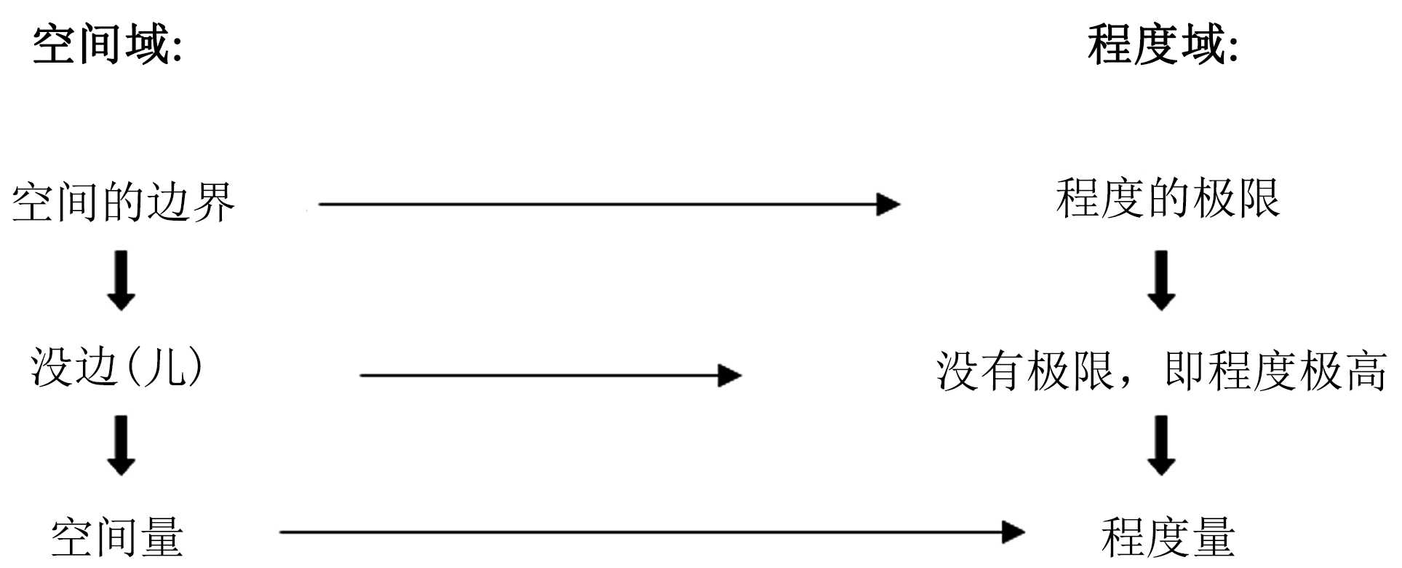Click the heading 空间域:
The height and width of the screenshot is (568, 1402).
107,45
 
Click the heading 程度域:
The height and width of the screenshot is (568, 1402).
1162,45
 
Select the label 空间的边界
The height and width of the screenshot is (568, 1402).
123,202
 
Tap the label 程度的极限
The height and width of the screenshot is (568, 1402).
1167,198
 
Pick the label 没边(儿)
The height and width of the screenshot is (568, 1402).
116,366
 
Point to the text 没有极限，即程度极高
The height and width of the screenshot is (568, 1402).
1160,371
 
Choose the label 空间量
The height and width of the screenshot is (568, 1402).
116,537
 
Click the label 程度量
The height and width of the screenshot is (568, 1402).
1167,537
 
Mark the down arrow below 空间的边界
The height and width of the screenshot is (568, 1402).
122,280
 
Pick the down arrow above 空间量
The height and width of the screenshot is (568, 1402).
122,445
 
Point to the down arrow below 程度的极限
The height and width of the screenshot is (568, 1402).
1161,280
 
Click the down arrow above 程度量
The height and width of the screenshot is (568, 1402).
1161,445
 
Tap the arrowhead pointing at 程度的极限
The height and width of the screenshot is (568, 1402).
888,205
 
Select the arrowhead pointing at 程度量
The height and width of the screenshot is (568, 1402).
1013,532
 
